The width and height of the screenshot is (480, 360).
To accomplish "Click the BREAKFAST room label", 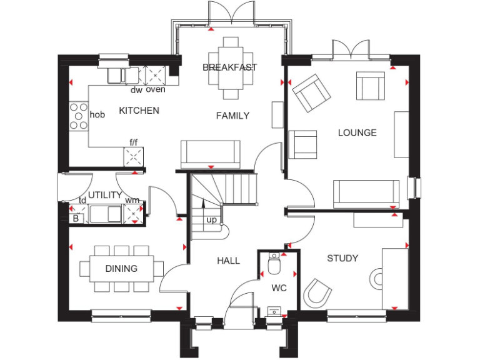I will tap(230, 67).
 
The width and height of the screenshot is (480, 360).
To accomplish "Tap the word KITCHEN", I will tap(139, 111).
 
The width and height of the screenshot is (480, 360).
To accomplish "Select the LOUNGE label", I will tap(357, 132).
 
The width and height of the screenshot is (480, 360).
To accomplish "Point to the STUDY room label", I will tap(342, 258).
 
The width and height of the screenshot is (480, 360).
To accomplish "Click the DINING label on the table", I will tap(121, 269).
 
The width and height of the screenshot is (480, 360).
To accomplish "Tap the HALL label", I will tap(229, 261).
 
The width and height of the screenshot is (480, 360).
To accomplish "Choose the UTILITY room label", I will tap(104, 195).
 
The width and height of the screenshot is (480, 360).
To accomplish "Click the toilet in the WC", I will tap(274, 265).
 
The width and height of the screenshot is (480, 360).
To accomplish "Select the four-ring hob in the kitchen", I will tap(79, 116).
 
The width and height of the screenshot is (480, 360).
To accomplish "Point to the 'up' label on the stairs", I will tap(212, 220).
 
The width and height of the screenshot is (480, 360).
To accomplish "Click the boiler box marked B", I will tap(76, 218).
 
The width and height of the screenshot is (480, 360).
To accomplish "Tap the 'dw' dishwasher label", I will tap(136, 90).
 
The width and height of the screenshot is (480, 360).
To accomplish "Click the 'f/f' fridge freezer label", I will tap(134, 142).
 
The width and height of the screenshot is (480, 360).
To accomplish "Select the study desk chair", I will tap(317, 292).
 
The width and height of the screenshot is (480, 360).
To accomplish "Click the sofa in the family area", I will tap(210, 153).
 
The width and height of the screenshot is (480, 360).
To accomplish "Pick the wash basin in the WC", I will tap(274, 311).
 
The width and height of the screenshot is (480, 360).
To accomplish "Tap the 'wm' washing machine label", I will tap(132, 200).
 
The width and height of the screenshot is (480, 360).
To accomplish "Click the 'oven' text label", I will tap(156, 90).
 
